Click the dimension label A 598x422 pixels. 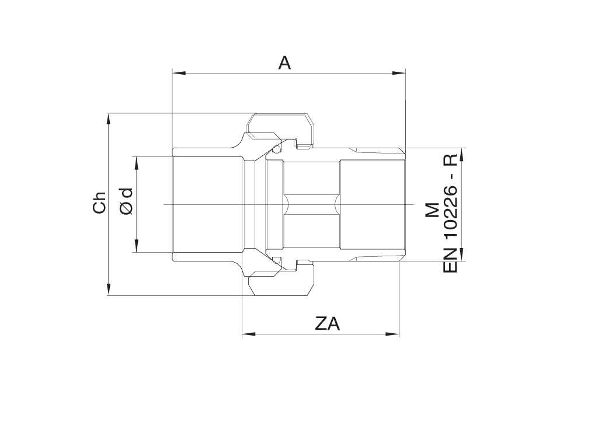pyautogui.click(x=284, y=63)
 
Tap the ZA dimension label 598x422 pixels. pyautogui.click(x=327, y=324)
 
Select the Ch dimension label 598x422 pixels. pyautogui.click(x=99, y=202)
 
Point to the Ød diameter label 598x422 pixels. pyautogui.click(x=126, y=201)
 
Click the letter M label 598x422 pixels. pyautogui.click(x=432, y=210)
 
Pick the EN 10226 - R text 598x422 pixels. pyautogui.click(x=450, y=214)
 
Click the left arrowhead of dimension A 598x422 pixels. pyautogui.click(x=179, y=73)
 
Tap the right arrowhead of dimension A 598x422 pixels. pyautogui.click(x=398, y=73)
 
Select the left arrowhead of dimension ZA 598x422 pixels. pyautogui.click(x=249, y=334)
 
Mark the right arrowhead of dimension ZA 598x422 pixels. pyautogui.click(x=392, y=334)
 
